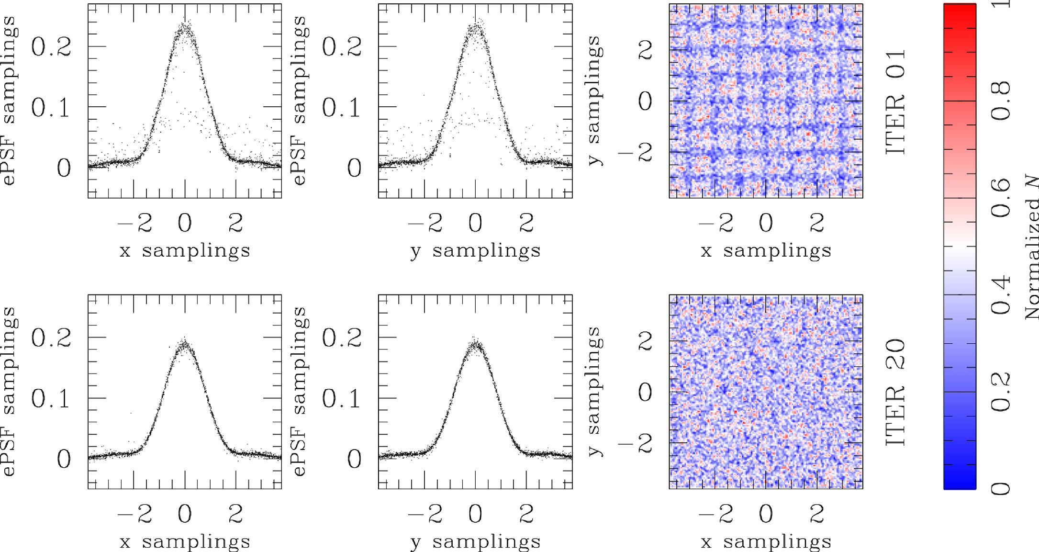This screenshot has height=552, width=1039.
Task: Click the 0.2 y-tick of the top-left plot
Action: coord(51,47)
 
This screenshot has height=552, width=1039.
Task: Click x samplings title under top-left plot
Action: coord(185,250)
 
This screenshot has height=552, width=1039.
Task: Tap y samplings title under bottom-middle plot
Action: coord(475,541)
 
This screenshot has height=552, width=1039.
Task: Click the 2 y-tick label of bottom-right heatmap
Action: coord(646,341)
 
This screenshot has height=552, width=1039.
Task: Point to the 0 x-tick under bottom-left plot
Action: coord(185,514)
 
